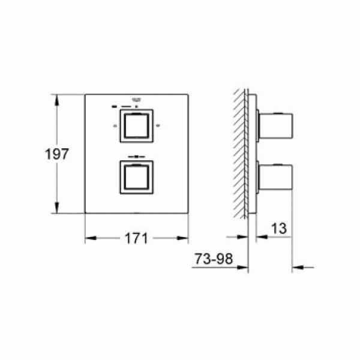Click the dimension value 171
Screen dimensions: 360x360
tap(136, 238)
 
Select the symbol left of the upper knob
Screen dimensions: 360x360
tap(115, 126)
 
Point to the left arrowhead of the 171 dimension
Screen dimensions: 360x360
tap(88, 239)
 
